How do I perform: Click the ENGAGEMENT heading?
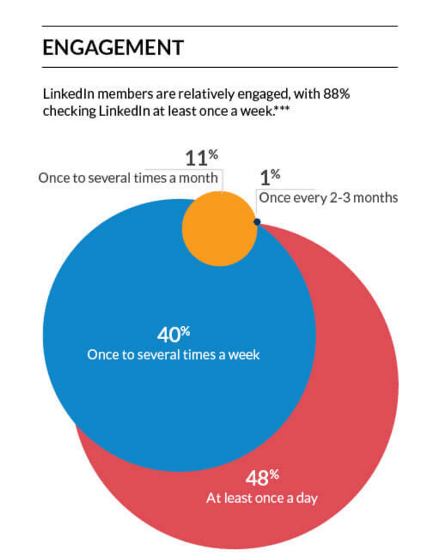click(x=113, y=48)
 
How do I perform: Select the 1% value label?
click(x=270, y=176)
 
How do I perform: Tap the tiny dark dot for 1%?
click(x=257, y=222)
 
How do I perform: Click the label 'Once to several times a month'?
click(x=128, y=179)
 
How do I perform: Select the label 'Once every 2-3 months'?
click(x=328, y=198)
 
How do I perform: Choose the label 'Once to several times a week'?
click(x=173, y=355)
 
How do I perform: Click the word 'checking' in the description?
click(x=69, y=109)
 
